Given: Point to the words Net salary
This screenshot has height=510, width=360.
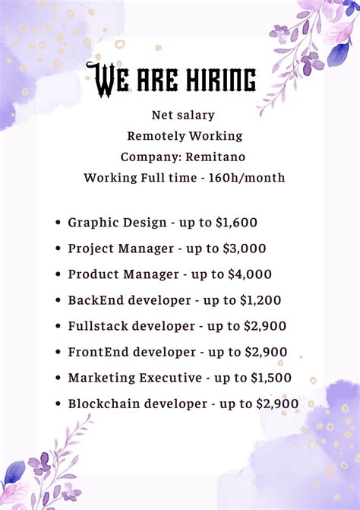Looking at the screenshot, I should tap(183, 115).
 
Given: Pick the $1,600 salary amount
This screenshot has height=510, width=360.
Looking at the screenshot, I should tap(236, 223).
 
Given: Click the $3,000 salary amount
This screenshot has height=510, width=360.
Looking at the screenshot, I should tap(245, 249).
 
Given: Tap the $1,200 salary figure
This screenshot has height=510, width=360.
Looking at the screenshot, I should tap(260, 300).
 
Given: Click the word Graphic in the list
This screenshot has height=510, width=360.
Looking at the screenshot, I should tap(91, 223).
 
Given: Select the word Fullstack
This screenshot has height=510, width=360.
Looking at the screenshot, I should tap(98, 326).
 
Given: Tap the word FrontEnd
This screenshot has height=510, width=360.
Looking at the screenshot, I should tap(96, 352).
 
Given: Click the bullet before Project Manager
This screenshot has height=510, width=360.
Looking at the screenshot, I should tap(58, 249).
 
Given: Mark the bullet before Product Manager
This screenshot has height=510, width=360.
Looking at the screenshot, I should tap(58, 274).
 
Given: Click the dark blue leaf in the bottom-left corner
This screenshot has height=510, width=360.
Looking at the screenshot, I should tap(14, 472).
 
